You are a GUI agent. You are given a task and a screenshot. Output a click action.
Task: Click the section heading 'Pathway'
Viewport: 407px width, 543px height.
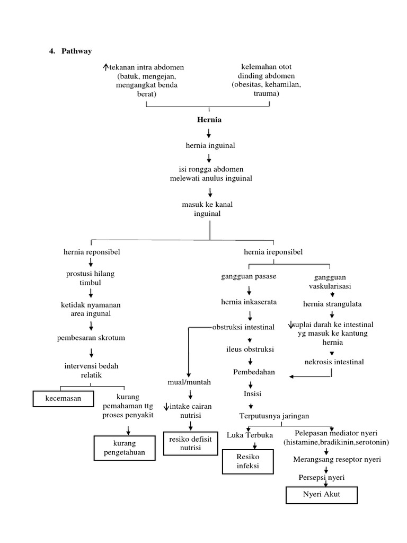pos(77,51)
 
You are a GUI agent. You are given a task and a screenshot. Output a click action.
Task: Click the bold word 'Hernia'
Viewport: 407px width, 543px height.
pos(209,120)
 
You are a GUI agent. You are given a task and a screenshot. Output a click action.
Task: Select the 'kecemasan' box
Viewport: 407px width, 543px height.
pos(63,398)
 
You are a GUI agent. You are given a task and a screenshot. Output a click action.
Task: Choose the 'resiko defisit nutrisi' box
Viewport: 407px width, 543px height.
pos(190,443)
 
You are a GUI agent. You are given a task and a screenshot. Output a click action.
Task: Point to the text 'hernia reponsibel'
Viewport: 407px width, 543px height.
pos(92,252)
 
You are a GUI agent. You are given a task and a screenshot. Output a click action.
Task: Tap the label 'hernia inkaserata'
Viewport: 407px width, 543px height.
pos(249,302)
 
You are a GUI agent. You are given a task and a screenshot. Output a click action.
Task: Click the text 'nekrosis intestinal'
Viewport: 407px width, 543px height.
pos(334,362)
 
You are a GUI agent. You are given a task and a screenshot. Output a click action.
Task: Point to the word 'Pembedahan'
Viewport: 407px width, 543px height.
pos(254,372)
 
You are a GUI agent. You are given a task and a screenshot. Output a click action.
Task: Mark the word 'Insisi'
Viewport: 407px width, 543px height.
pos(253,394)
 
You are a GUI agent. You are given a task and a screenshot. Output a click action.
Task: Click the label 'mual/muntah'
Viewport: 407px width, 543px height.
pos(182,382)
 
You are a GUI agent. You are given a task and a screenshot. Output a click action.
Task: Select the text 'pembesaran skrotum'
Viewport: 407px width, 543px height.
pos(92,338)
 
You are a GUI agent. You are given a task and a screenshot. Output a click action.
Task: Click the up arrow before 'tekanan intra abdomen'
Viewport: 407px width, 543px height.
pos(106,67)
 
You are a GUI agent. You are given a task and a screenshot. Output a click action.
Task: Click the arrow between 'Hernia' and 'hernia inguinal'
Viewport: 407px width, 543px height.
pos(209,133)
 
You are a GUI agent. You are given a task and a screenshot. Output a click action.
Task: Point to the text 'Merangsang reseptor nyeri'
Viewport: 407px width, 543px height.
pos(337,459)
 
